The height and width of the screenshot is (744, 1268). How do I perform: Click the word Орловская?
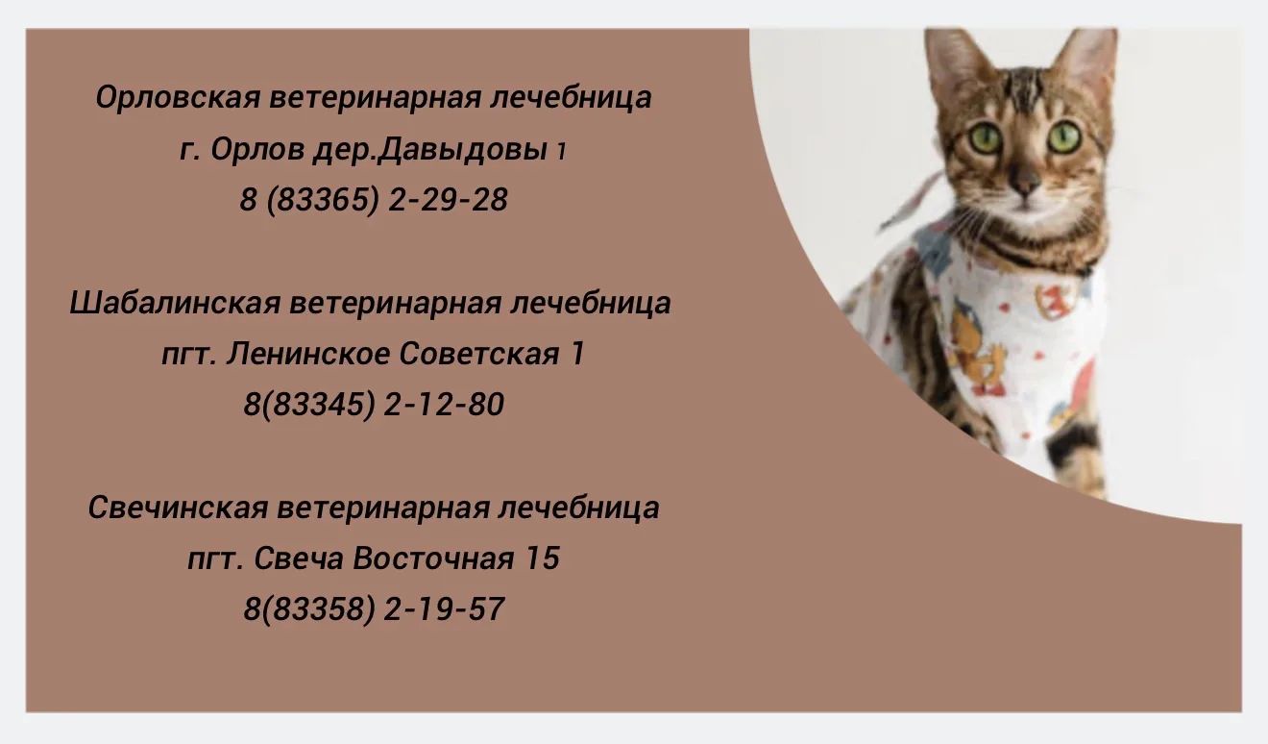178,97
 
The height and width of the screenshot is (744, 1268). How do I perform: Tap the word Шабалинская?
175,303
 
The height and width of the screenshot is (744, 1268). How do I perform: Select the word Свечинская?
178,508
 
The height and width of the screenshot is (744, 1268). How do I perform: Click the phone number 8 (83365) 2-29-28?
374,200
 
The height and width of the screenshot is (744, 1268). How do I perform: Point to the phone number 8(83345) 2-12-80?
374,405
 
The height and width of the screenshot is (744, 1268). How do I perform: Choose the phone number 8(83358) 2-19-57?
374,609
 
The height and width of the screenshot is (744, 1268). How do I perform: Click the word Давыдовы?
462,150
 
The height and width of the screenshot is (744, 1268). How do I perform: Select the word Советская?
479,354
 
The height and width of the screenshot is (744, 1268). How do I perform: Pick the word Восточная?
433,558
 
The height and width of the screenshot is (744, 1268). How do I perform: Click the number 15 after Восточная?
543,558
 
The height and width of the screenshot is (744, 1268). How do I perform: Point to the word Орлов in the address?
257,150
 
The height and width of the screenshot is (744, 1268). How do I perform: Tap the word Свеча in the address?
299,558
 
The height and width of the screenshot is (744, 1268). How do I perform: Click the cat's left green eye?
986,137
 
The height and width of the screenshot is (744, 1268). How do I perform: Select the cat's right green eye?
1063,136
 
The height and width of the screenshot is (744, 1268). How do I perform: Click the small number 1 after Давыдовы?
561,151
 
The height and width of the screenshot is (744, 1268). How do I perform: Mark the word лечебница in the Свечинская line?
578,508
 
